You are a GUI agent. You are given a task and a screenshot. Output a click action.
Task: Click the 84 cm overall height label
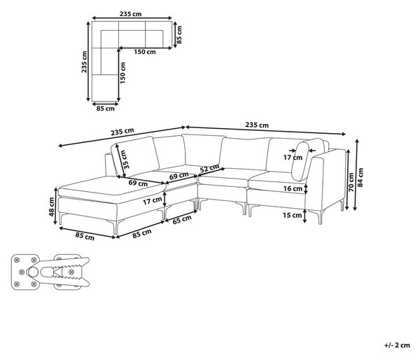pos(360,177)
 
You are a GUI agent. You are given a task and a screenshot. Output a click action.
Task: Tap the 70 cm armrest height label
pos(351,182)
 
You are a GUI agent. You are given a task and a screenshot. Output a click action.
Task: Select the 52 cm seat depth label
pos(209,168)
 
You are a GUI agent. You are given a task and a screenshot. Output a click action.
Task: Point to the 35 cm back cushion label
pos(123,159)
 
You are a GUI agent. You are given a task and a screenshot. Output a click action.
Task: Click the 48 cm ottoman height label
pos(52,207)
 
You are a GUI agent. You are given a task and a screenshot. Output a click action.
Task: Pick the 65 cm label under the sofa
pos(182,219)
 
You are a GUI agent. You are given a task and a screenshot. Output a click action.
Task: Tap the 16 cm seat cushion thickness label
pos(293,188)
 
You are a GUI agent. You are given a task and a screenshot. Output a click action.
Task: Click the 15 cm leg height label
pos(292,215)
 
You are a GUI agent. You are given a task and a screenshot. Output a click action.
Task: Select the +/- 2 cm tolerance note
pos(397,345)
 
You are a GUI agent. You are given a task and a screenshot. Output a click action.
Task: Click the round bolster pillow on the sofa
pos(300,161)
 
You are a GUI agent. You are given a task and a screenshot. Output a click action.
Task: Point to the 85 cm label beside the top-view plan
pos(179,34)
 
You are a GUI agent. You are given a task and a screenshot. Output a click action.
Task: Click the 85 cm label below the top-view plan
pos(105,109)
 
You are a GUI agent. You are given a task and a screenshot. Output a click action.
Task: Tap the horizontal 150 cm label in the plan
pos(145,52)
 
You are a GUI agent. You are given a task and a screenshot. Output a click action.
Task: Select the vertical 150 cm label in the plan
pos(122,73)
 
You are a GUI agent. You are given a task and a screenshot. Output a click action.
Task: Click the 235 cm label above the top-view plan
pos(130,14)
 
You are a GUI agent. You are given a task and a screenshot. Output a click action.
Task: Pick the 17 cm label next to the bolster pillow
pos(293,158)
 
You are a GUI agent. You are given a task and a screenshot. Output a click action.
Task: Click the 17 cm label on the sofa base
pos(152,201)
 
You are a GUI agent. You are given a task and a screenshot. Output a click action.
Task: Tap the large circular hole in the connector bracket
pos(33,272)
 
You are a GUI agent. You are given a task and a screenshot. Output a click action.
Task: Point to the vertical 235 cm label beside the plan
pos(85,62)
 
